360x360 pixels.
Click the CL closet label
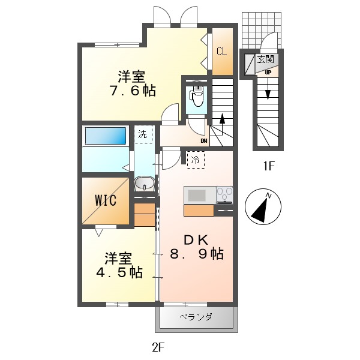click(x=221, y=52)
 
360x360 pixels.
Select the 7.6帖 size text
click(x=132, y=91)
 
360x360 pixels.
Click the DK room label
click(x=195, y=239)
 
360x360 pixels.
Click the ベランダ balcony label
click(x=196, y=317)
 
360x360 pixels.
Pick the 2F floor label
click(x=158, y=347)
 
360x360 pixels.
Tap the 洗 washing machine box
click(x=143, y=134)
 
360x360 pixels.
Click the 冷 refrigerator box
click(x=195, y=160)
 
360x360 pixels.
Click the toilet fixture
click(x=197, y=95)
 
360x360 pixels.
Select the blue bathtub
click(x=104, y=136)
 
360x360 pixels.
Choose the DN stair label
click(x=204, y=142)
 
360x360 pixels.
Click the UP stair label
click(x=268, y=72)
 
